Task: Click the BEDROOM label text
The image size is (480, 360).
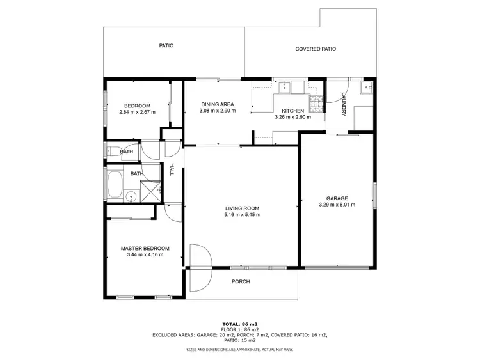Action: (x=138, y=106)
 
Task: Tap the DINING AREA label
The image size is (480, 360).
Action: (x=217, y=104)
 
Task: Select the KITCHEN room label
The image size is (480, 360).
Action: (x=292, y=111)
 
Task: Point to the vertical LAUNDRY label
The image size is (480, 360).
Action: (x=344, y=104)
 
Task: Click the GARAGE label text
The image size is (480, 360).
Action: (x=337, y=198)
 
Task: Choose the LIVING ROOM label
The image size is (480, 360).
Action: (x=242, y=208)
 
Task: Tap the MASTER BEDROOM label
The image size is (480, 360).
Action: (x=145, y=248)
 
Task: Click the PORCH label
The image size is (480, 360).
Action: (x=241, y=281)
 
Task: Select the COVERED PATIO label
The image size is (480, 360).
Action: (x=316, y=49)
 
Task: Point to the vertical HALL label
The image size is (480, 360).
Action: (x=172, y=169)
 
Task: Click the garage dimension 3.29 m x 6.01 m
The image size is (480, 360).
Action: (x=337, y=205)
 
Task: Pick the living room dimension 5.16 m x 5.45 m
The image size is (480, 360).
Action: (x=242, y=214)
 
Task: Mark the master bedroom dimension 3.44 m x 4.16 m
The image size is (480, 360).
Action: (x=145, y=254)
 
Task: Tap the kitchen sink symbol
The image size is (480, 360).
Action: (x=282, y=86)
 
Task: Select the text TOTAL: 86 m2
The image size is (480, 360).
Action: (x=239, y=324)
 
